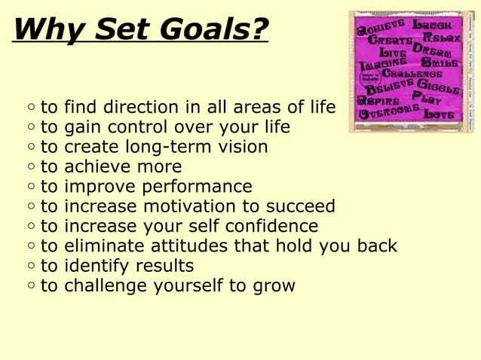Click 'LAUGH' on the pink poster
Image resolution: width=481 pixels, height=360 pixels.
pyautogui.click(x=434, y=26)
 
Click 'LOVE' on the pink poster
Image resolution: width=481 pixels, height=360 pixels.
pyautogui.click(x=439, y=114)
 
